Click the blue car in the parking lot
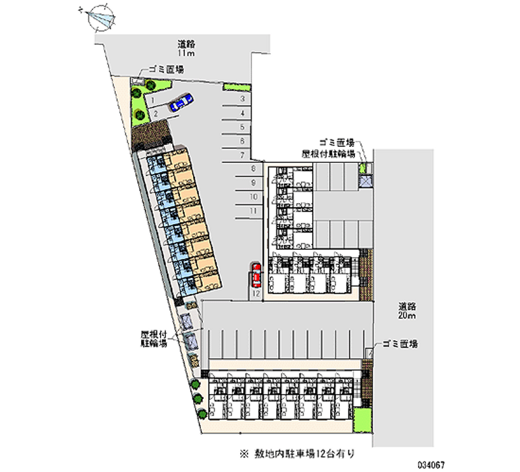tap(181, 102)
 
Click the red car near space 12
tap(256, 275)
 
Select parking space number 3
tap(241, 99)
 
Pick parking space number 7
tap(241, 155)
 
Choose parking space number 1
tap(151, 101)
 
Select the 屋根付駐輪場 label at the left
tap(154, 338)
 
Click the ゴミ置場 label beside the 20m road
tap(400, 343)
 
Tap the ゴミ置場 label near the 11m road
tap(165, 69)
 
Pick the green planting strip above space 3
tap(236, 86)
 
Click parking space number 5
tap(241, 127)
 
